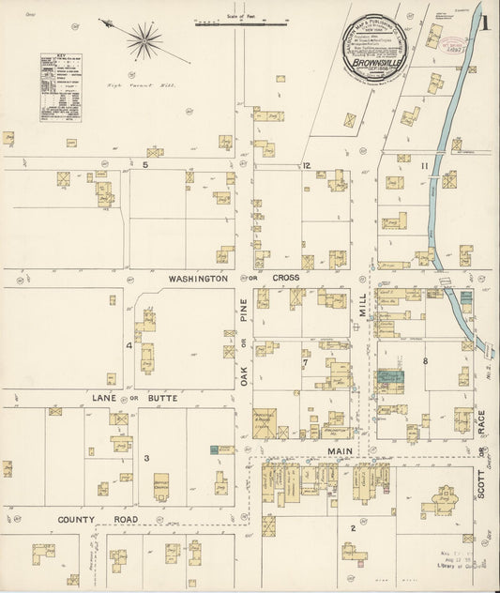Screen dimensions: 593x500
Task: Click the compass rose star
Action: click(x=144, y=38)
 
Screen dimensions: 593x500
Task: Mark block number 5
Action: click(x=145, y=165)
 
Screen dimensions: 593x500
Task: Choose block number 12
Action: click(x=306, y=165)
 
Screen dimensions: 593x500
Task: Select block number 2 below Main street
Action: click(x=353, y=527)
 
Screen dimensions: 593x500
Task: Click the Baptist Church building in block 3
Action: click(x=161, y=484)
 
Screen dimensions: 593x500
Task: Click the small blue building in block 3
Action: click(x=214, y=450)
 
